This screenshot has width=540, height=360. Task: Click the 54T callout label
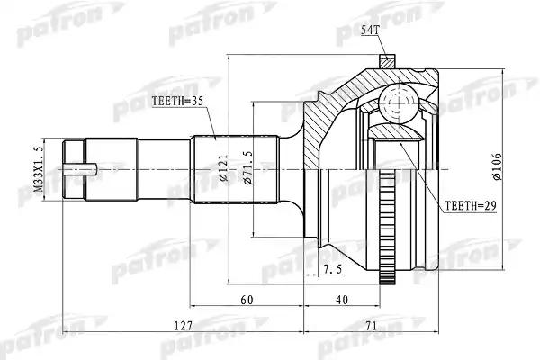point(370,31)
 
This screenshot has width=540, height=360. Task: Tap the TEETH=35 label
point(177,101)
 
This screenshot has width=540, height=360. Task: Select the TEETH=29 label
point(471,206)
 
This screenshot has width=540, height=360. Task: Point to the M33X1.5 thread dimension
point(40,169)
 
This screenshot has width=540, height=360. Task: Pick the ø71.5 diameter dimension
point(248,167)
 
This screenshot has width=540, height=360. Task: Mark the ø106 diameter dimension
point(498,166)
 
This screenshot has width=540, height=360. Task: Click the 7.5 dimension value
point(333,269)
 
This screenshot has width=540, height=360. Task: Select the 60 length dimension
point(247,300)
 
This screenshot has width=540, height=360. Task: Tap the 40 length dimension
point(342,300)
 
